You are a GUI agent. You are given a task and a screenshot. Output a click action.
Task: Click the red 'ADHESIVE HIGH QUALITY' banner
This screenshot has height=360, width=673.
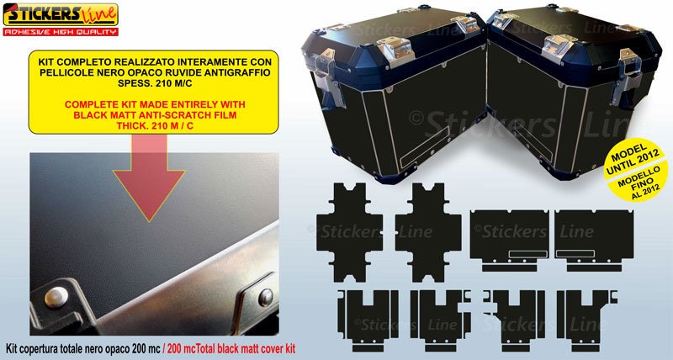[61, 32]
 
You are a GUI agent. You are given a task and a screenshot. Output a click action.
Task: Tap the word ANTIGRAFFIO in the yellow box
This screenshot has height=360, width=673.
[239, 72]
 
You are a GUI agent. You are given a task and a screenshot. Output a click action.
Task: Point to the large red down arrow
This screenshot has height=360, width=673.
[149, 177]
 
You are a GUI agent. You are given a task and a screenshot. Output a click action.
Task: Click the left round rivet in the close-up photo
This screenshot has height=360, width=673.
[56, 297]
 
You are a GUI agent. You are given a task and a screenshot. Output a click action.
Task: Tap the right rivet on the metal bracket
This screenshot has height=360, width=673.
[266, 297]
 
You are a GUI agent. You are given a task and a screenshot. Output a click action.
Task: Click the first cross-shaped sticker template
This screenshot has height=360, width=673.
[349, 232]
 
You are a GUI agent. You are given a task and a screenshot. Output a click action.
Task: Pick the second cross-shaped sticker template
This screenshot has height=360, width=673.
[428, 232]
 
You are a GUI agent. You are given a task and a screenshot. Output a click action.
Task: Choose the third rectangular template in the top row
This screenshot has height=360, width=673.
[510, 241]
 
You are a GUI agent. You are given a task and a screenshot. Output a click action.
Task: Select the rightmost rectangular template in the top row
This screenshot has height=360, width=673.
[594, 241]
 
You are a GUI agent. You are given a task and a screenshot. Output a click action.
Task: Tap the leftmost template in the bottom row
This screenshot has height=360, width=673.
[368, 320]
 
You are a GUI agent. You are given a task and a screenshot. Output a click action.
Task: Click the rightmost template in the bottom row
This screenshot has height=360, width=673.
[587, 320]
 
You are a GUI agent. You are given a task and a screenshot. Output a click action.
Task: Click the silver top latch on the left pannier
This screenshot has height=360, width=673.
[395, 50]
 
